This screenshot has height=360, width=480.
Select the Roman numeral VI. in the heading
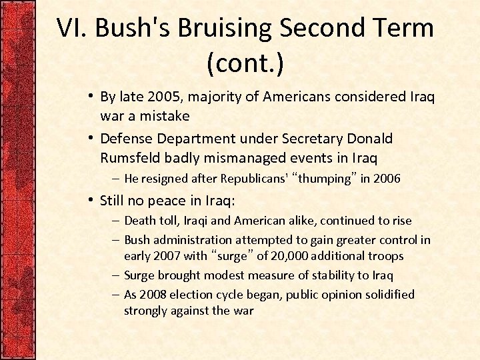point(71,28)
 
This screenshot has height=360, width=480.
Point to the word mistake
point(163,116)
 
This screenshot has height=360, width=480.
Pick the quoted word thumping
point(325,179)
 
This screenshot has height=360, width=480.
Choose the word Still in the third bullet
point(114,200)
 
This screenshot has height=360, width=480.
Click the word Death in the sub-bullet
point(140,221)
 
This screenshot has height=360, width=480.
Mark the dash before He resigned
point(116,179)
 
